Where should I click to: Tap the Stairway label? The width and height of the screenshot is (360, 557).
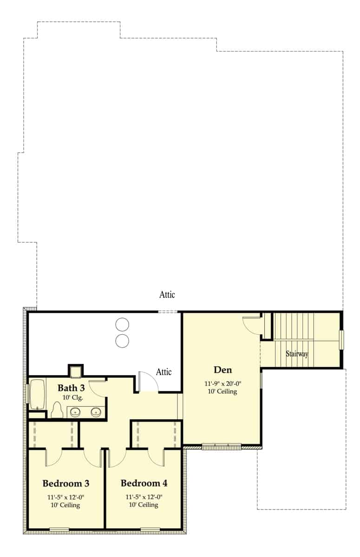click(x=297, y=354)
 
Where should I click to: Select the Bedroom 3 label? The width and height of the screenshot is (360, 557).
click(x=66, y=484)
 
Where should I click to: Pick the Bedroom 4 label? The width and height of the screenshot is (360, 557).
click(x=144, y=484)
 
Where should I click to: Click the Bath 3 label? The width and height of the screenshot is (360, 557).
click(x=71, y=388)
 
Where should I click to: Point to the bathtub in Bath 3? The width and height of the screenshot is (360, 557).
click(x=37, y=395)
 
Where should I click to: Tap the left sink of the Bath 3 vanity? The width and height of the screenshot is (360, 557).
click(x=75, y=412)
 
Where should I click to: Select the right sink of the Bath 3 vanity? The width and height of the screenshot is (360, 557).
click(x=96, y=412)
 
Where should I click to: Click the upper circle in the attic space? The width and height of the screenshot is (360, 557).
click(x=122, y=324)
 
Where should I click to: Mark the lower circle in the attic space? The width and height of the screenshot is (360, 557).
click(x=122, y=341)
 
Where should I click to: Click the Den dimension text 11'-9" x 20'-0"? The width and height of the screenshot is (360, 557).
click(x=222, y=383)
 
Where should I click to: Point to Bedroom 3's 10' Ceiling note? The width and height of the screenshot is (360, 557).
click(x=66, y=505)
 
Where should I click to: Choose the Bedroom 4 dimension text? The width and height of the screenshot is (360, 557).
click(x=144, y=497)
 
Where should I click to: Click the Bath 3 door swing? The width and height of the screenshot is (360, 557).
click(x=98, y=388)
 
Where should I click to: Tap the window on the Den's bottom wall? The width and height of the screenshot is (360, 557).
click(x=222, y=447)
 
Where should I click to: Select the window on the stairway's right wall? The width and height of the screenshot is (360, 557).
click(x=341, y=339)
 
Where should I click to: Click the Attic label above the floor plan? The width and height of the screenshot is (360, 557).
click(x=167, y=295)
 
